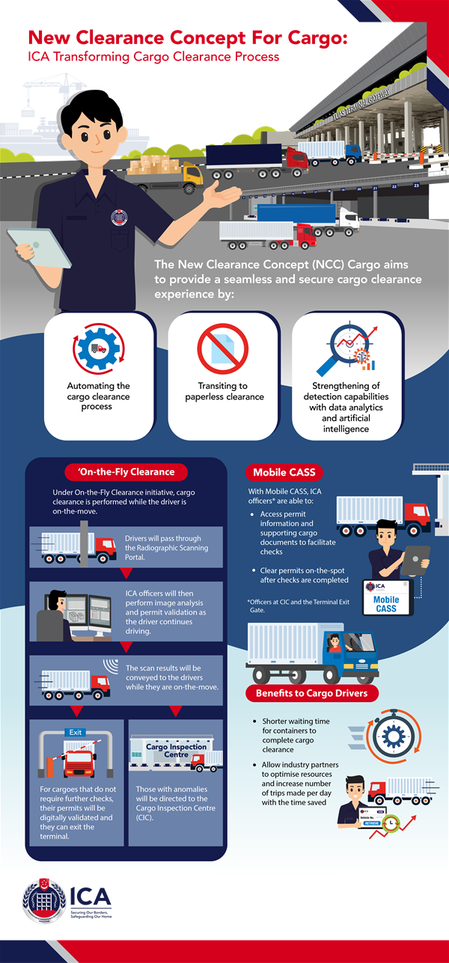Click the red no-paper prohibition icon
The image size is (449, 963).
[x=222, y=349]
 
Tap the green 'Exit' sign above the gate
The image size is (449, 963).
[x=76, y=732]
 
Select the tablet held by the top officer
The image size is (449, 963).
[x=34, y=247]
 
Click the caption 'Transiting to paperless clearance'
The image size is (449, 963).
[x=224, y=391]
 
